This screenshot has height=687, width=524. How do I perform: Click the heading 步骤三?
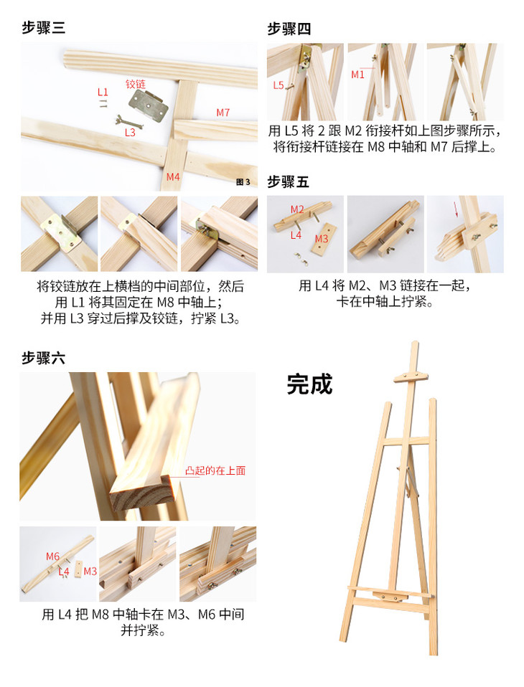(x=43, y=28)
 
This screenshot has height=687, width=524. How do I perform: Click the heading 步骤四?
(x=289, y=29)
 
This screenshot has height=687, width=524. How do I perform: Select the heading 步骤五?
(x=288, y=181)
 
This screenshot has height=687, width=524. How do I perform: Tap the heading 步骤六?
(x=43, y=358)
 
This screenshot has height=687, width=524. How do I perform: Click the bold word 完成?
(x=309, y=384)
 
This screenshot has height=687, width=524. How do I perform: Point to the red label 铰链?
(x=136, y=84)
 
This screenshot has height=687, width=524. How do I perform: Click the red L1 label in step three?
(x=103, y=92)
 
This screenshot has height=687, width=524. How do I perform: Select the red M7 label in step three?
(x=223, y=113)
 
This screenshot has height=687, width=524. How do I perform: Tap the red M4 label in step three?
(x=173, y=176)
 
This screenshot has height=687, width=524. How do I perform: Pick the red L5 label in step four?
(x=279, y=85)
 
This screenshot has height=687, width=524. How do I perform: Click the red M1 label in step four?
(x=357, y=75)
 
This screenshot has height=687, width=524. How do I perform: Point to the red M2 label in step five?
(x=297, y=209)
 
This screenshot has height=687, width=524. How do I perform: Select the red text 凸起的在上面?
(x=215, y=470)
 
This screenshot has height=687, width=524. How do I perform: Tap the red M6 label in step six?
(x=52, y=556)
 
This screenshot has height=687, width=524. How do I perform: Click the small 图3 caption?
(x=243, y=182)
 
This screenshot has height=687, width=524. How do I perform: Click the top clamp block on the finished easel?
(x=411, y=377)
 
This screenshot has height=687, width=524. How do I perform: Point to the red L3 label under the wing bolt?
(x=130, y=133)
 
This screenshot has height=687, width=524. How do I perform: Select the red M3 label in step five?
(x=322, y=239)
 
